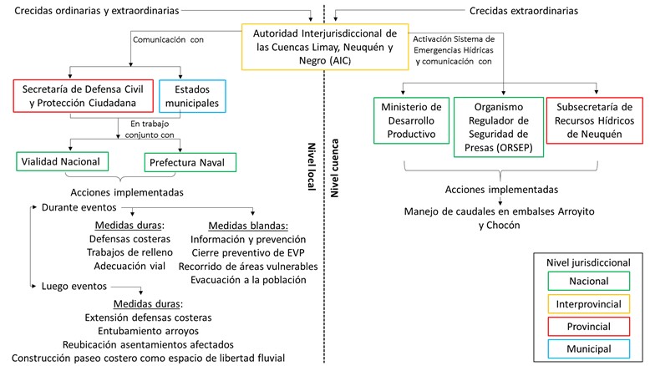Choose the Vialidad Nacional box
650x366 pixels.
[x=63, y=161]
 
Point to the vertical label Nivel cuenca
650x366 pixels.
[x=337, y=167]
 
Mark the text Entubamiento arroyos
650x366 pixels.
[x=149, y=330]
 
